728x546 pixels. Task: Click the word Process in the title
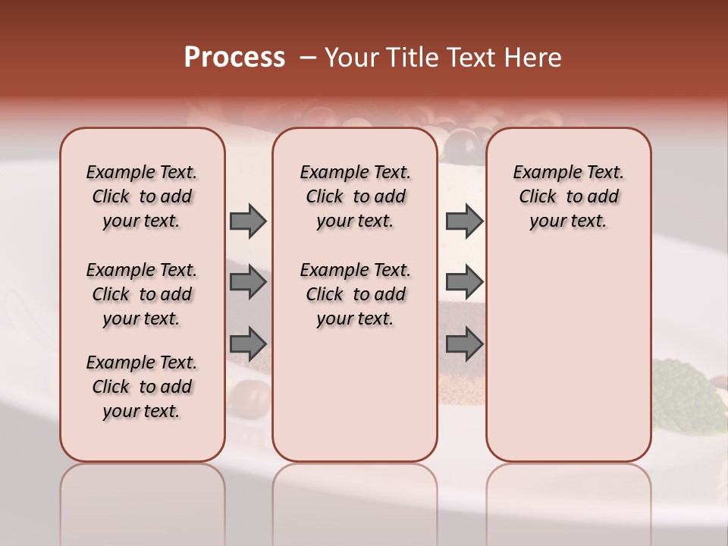click(x=234, y=58)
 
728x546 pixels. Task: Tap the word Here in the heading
click(x=535, y=58)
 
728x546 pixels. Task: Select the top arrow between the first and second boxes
click(x=247, y=221)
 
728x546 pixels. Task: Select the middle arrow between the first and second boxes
click(x=247, y=282)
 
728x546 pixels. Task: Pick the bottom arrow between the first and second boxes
click(x=247, y=344)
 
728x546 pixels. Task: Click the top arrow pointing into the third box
click(x=464, y=221)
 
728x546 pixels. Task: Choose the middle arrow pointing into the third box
click(x=464, y=282)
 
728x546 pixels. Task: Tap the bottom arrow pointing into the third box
click(x=464, y=344)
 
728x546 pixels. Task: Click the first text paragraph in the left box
click(x=142, y=196)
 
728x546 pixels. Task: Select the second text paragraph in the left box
click(x=142, y=294)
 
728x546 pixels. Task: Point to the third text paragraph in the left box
click(x=142, y=387)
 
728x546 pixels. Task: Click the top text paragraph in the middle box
click(x=355, y=196)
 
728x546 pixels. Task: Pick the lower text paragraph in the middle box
click(x=355, y=294)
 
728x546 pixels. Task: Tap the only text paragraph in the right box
click(x=568, y=196)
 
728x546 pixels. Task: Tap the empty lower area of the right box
click(x=568, y=356)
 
